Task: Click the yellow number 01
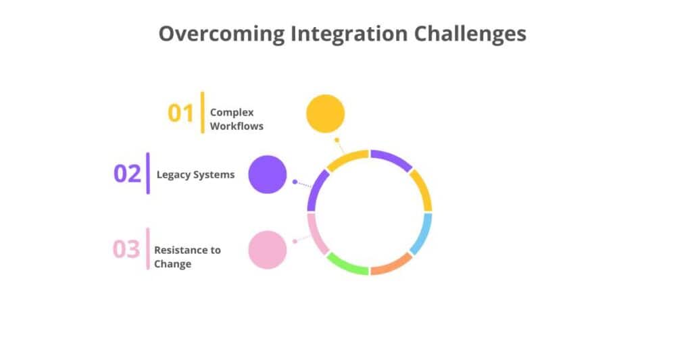pos(181,113)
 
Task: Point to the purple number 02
pos(127,174)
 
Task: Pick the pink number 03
pos(126,249)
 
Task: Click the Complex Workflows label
pos(236,120)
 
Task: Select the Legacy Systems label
pos(195,174)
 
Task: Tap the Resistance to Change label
pos(187,257)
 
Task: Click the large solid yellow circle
pos(325,113)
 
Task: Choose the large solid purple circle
pos(268,174)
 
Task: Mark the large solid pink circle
pos(268,250)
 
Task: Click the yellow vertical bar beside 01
pos(202,112)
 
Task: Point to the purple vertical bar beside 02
pos(148,174)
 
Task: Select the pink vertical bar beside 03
pos(148,249)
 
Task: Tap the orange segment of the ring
pos(391,265)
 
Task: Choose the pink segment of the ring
pos(316,233)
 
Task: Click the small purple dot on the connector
pos(295,182)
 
